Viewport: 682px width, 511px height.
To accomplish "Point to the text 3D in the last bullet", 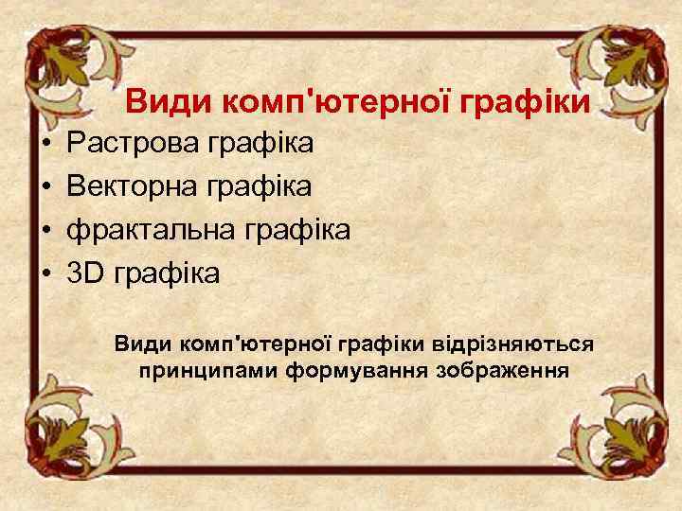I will [86, 273].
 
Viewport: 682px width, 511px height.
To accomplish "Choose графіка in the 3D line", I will [167, 274].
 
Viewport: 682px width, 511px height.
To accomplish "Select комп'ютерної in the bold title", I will [324, 101].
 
